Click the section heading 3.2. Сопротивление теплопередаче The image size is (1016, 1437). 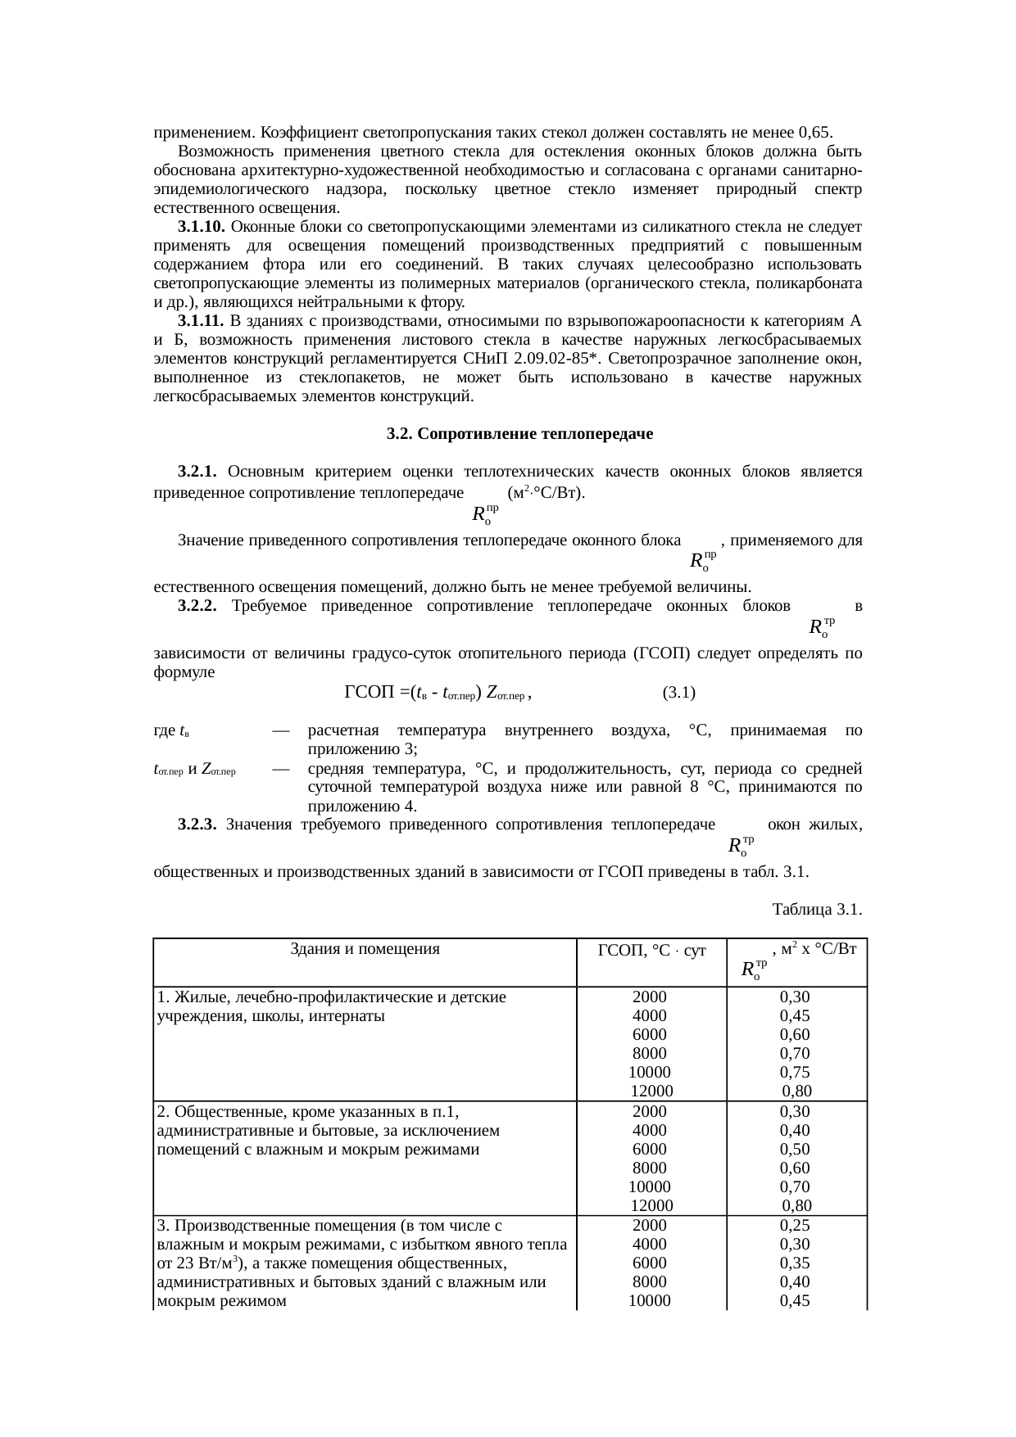point(519,434)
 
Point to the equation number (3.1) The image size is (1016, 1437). point(678,693)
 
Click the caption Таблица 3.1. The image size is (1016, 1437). point(816,909)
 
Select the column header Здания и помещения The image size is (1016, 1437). point(365,950)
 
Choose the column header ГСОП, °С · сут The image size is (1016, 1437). point(652,951)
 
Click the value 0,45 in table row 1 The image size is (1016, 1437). point(795,1016)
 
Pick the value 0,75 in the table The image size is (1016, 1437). point(795,1073)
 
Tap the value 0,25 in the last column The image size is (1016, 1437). point(795,1226)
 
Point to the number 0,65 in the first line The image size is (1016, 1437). point(814,133)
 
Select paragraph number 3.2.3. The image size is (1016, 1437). point(197,824)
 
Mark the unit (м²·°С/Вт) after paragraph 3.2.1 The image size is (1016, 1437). point(546,493)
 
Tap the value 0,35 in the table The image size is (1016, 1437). point(795,1263)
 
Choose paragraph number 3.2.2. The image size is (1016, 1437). point(197,606)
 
